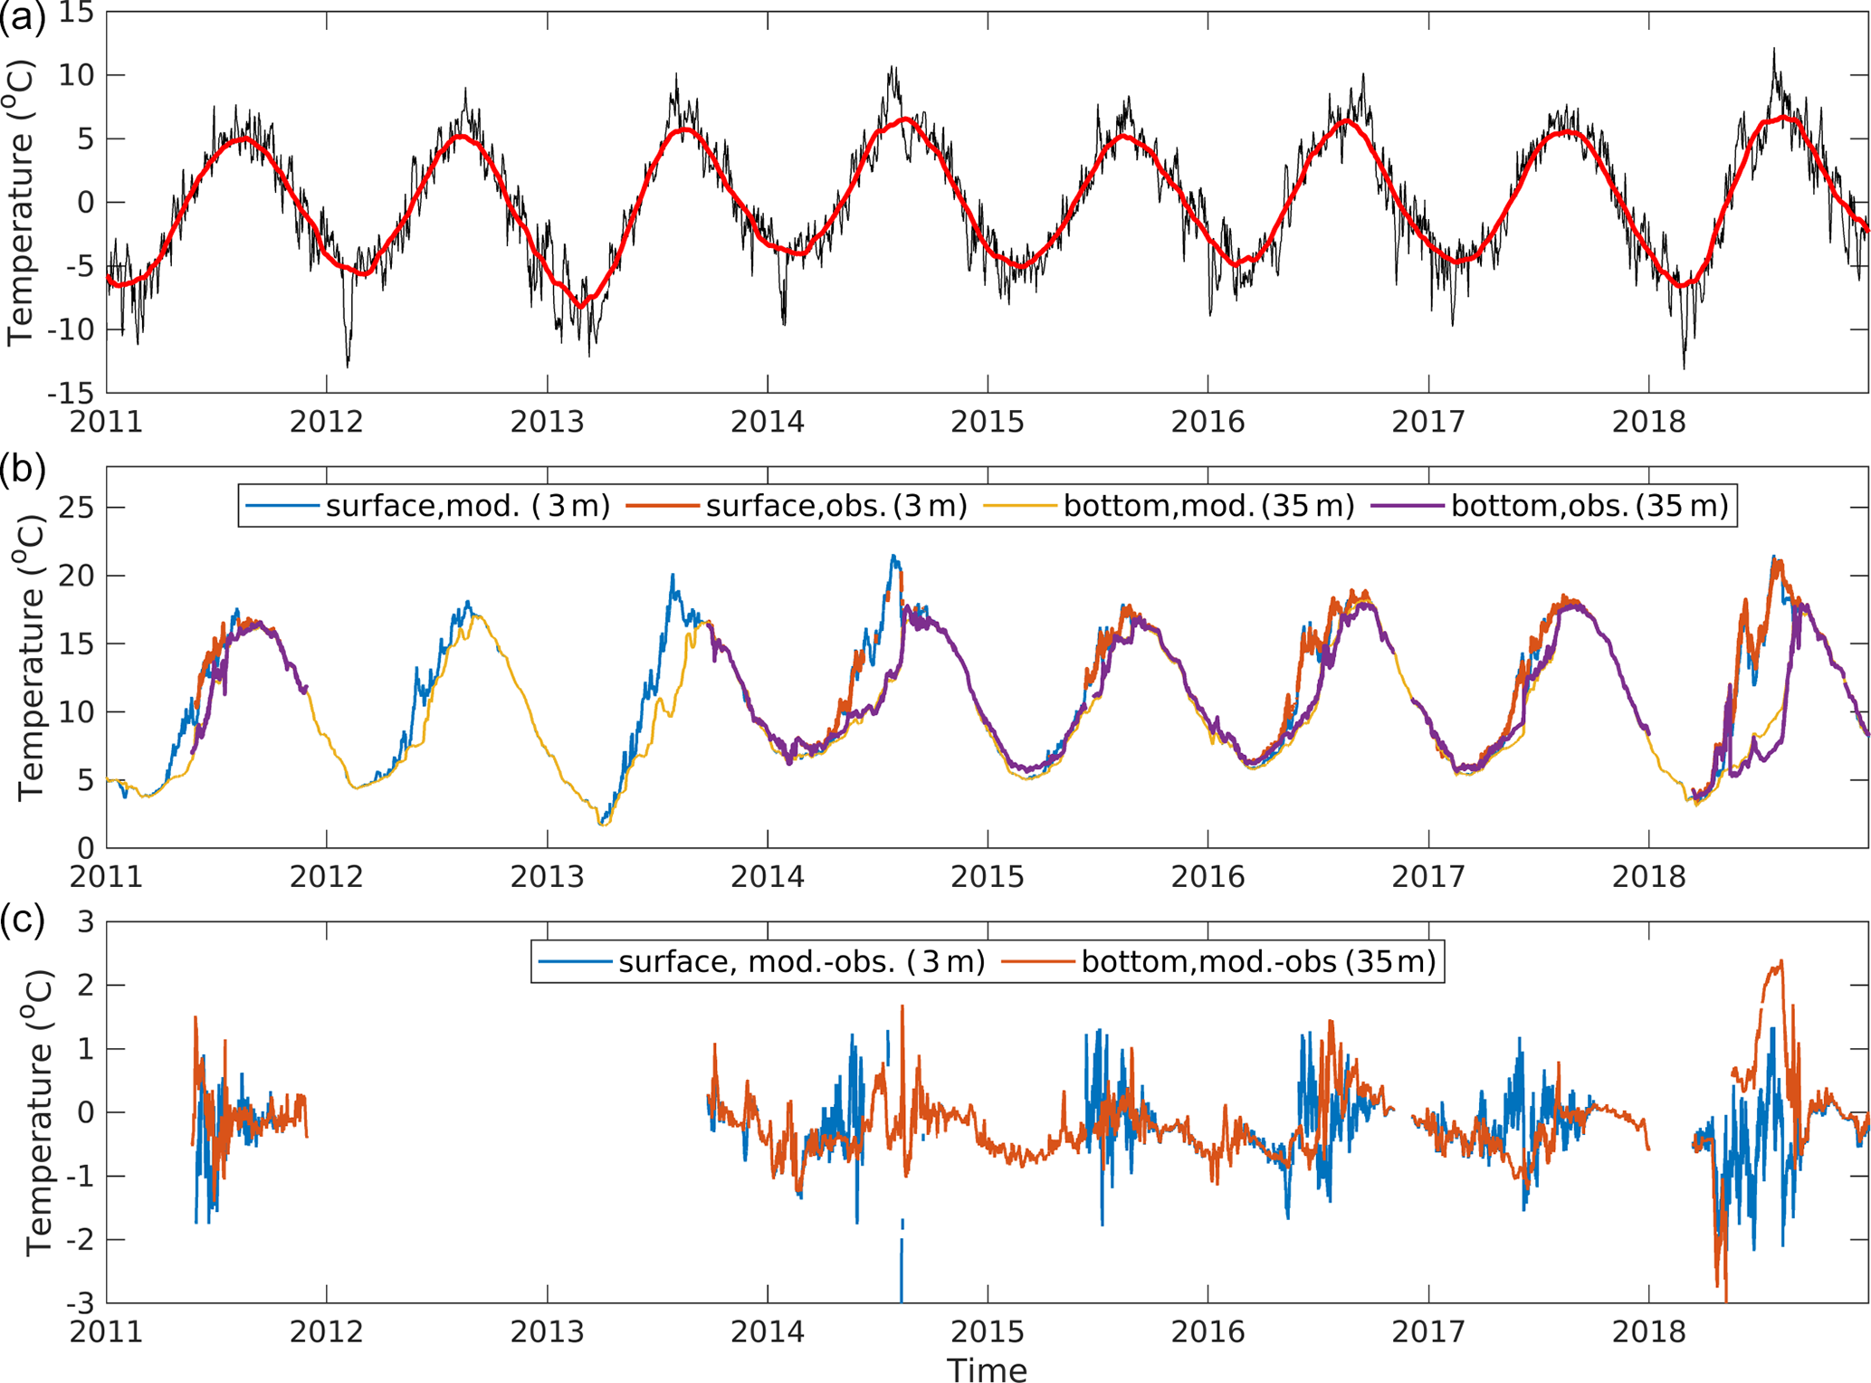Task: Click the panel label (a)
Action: pyautogui.click(x=23, y=18)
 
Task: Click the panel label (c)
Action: pyautogui.click(x=23, y=920)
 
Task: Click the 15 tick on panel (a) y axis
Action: pyautogui.click(x=76, y=14)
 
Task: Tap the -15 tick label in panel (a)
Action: pyautogui.click(x=71, y=394)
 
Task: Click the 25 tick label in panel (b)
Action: pyautogui.click(x=76, y=508)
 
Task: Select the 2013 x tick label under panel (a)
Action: pyautogui.click(x=547, y=423)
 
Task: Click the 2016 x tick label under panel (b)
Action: pyautogui.click(x=1208, y=877)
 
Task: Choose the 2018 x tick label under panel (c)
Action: pyautogui.click(x=1648, y=1332)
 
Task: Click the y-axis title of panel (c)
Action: pyautogui.click(x=39, y=1113)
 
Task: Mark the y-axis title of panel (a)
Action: pyautogui.click(x=20, y=202)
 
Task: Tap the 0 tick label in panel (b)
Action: pyautogui.click(x=85, y=849)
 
